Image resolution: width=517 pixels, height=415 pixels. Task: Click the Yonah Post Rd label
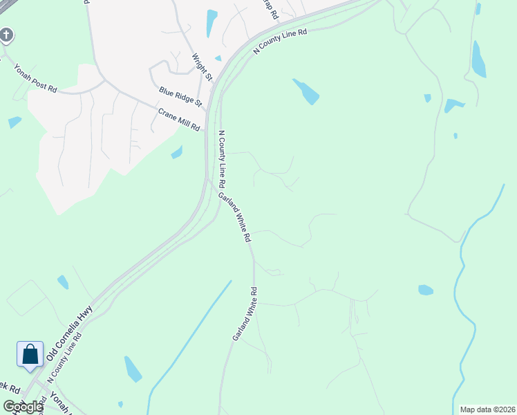[x=35, y=78]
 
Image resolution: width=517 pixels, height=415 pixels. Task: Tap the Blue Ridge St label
[x=180, y=97]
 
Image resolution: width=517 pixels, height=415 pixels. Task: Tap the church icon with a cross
[x=6, y=35]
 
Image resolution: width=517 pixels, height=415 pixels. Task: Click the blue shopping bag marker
[x=30, y=355]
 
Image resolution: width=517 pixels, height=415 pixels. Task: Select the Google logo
[x=22, y=407]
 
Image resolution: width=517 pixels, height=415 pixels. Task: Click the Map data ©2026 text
[x=487, y=409]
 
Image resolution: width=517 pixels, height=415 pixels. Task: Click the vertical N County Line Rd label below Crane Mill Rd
[x=222, y=160]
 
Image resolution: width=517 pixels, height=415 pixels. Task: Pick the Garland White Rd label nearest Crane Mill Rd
[x=235, y=216]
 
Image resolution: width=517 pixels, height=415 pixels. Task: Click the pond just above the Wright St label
[x=211, y=23]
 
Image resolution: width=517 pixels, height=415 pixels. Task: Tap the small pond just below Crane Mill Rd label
[x=177, y=152]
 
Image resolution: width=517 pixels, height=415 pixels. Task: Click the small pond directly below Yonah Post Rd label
[x=15, y=122]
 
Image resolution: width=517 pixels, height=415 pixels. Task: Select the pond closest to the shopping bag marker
[x=63, y=282]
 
